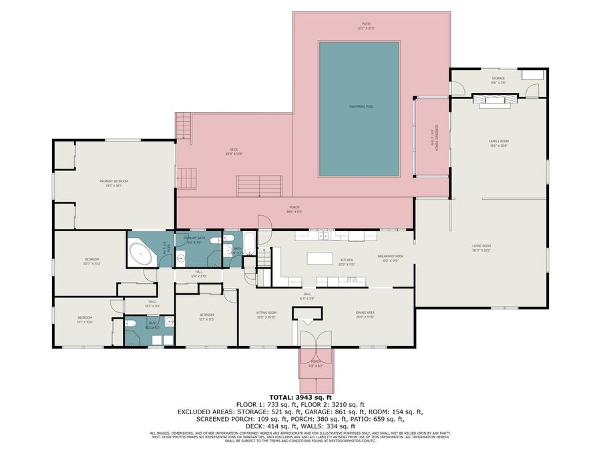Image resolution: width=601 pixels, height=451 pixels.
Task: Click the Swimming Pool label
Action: tap(361, 106)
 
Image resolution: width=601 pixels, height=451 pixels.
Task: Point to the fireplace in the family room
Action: tap(495, 100)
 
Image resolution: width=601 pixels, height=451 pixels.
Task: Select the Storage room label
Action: tap(498, 80)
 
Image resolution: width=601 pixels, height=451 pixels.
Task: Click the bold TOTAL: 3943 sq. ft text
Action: tap(300, 397)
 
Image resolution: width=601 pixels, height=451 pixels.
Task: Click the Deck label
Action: tap(234, 151)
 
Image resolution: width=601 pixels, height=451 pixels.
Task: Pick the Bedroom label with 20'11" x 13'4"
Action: tap(91, 261)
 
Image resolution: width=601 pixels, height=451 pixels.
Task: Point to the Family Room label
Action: tap(498, 143)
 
